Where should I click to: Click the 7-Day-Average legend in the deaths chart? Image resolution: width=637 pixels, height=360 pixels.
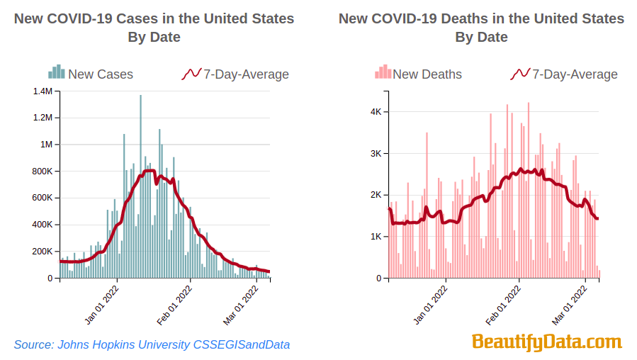point(565,74)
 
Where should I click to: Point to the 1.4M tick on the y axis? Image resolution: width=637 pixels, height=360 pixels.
point(43,91)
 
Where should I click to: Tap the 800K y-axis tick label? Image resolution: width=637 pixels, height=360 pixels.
point(41,171)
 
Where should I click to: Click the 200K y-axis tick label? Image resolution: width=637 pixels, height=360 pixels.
point(41,251)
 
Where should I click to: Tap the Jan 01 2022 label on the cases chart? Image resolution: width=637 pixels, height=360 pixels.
point(101,305)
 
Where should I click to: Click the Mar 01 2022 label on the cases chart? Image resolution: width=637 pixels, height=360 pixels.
point(240,305)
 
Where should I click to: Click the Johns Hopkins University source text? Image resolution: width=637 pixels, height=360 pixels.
point(152,344)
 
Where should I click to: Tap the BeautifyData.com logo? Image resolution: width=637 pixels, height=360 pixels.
point(546,342)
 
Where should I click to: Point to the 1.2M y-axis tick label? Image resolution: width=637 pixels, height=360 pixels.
point(43,118)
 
